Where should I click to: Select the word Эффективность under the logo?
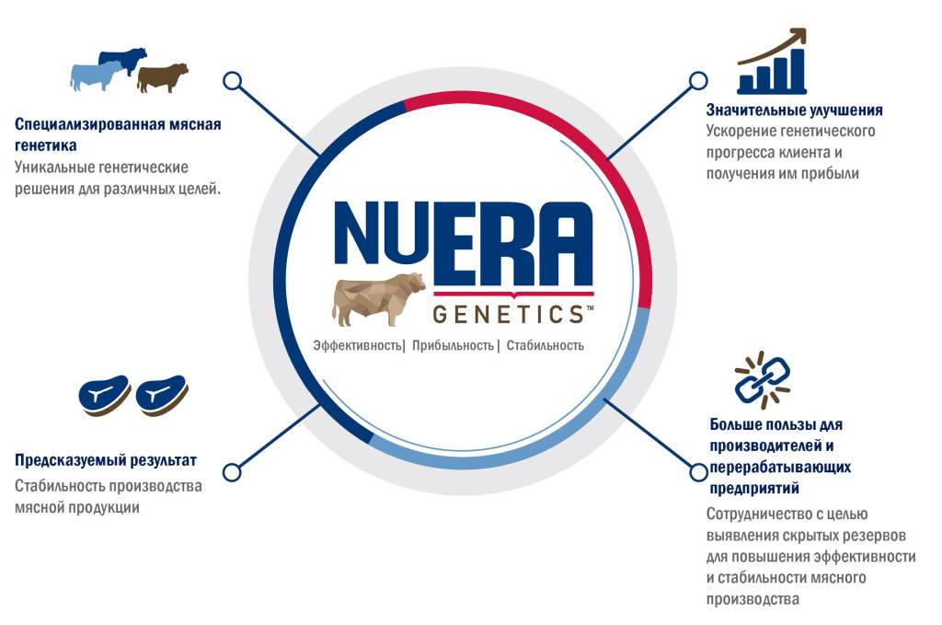357,346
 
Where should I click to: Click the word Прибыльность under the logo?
453,346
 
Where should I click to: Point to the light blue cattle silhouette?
96,75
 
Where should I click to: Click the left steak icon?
104,395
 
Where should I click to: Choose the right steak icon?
163,395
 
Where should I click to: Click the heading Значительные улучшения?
794,110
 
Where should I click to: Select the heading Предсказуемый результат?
106,460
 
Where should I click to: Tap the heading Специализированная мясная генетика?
118,134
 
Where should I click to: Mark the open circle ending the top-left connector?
233,80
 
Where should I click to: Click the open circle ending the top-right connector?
698,80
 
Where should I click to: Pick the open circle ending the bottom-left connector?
232,472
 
